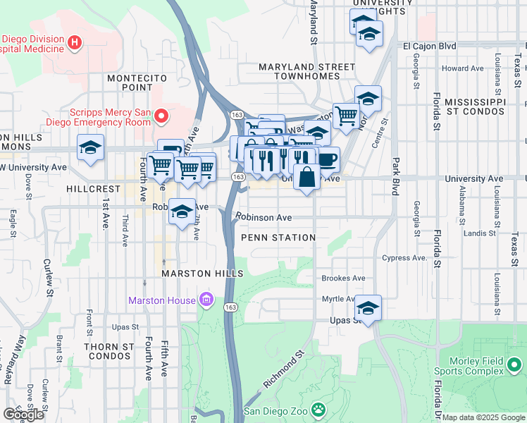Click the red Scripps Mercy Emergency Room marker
[161, 116]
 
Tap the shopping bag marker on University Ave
[307, 177]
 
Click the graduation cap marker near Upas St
[368, 308]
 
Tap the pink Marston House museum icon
[206, 300]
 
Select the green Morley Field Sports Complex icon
[515, 365]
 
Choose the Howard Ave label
[463, 68]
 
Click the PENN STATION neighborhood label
[278, 238]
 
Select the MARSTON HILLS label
[202, 274]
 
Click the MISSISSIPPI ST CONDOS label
[476, 106]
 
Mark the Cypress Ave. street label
[405, 258]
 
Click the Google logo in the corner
[23, 415]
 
